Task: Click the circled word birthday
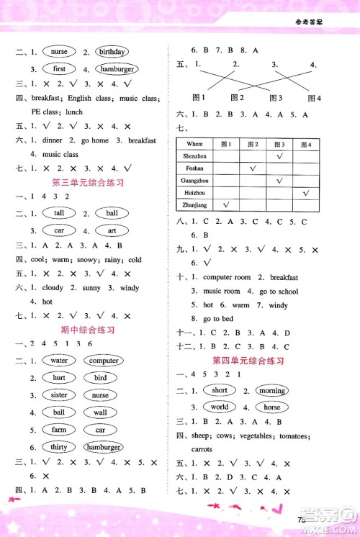tap(112, 52)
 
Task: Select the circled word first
tap(59, 69)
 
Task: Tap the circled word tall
tap(59, 213)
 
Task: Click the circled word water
tap(59, 361)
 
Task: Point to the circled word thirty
tap(59, 447)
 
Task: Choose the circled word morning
tap(272, 391)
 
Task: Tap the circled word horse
tap(271, 407)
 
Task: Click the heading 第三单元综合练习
tap(89, 183)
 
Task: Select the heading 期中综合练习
tap(89, 330)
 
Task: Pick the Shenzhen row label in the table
tap(197, 156)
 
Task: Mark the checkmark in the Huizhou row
tap(306, 193)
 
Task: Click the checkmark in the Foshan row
tap(253, 168)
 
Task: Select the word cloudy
tap(53, 288)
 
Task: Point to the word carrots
tap(202, 449)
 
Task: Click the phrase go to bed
tap(217, 319)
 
